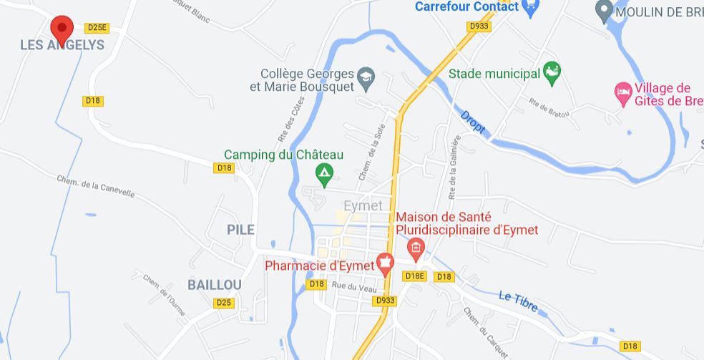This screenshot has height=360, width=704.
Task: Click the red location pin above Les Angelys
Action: coord(62,29)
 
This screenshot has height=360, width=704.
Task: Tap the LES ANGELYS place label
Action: coord(62,45)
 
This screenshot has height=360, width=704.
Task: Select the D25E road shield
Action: coord(96,28)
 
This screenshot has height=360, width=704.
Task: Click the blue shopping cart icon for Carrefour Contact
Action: coord(531,7)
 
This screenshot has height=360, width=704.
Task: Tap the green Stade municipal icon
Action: coord(552,72)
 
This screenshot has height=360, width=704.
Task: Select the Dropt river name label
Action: coord(472,122)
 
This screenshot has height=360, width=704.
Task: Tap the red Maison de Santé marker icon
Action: coord(415,248)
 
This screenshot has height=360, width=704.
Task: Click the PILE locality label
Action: coord(240,229)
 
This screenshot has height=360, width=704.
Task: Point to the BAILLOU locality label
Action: coord(215,284)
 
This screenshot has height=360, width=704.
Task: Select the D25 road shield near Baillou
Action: coord(224,303)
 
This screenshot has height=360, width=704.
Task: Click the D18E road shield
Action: coord(415,276)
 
